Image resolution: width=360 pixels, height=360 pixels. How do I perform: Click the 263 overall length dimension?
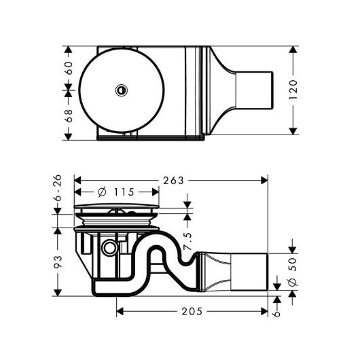[173, 181]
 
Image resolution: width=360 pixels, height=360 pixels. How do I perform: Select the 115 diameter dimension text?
[124, 192]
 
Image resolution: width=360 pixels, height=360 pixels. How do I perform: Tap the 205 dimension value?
[192, 312]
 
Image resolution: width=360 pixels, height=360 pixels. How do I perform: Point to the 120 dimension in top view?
[293, 90]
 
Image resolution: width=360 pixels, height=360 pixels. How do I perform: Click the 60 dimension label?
[69, 68]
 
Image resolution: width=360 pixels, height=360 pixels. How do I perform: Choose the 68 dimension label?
[69, 115]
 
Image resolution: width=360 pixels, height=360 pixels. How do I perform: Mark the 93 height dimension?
[58, 262]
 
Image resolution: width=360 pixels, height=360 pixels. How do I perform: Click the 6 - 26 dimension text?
[58, 187]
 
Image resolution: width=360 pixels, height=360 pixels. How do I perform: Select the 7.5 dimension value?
[187, 241]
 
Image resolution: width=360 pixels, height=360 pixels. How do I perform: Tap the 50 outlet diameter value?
[293, 264]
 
